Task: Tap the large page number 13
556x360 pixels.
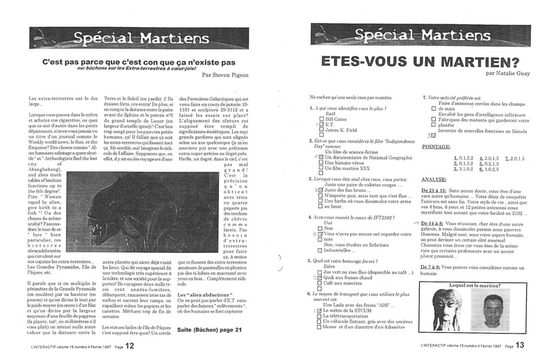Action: pyautogui.click(x=521, y=345)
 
